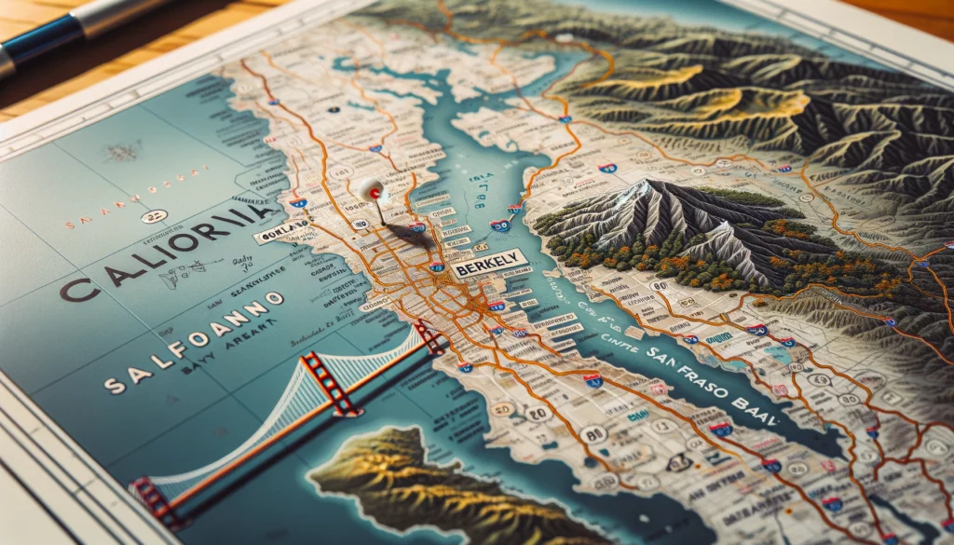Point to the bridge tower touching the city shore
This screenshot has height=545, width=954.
point(429,336)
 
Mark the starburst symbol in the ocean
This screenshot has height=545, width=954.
point(121,152)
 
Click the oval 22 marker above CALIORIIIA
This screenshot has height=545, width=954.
point(151,216)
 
